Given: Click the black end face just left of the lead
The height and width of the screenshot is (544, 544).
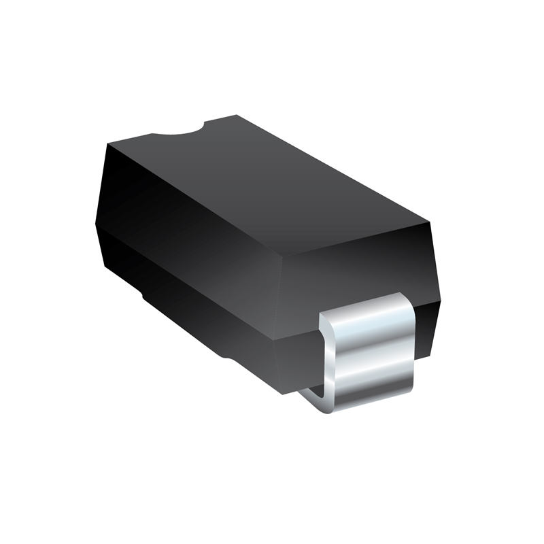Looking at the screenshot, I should (299, 340).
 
